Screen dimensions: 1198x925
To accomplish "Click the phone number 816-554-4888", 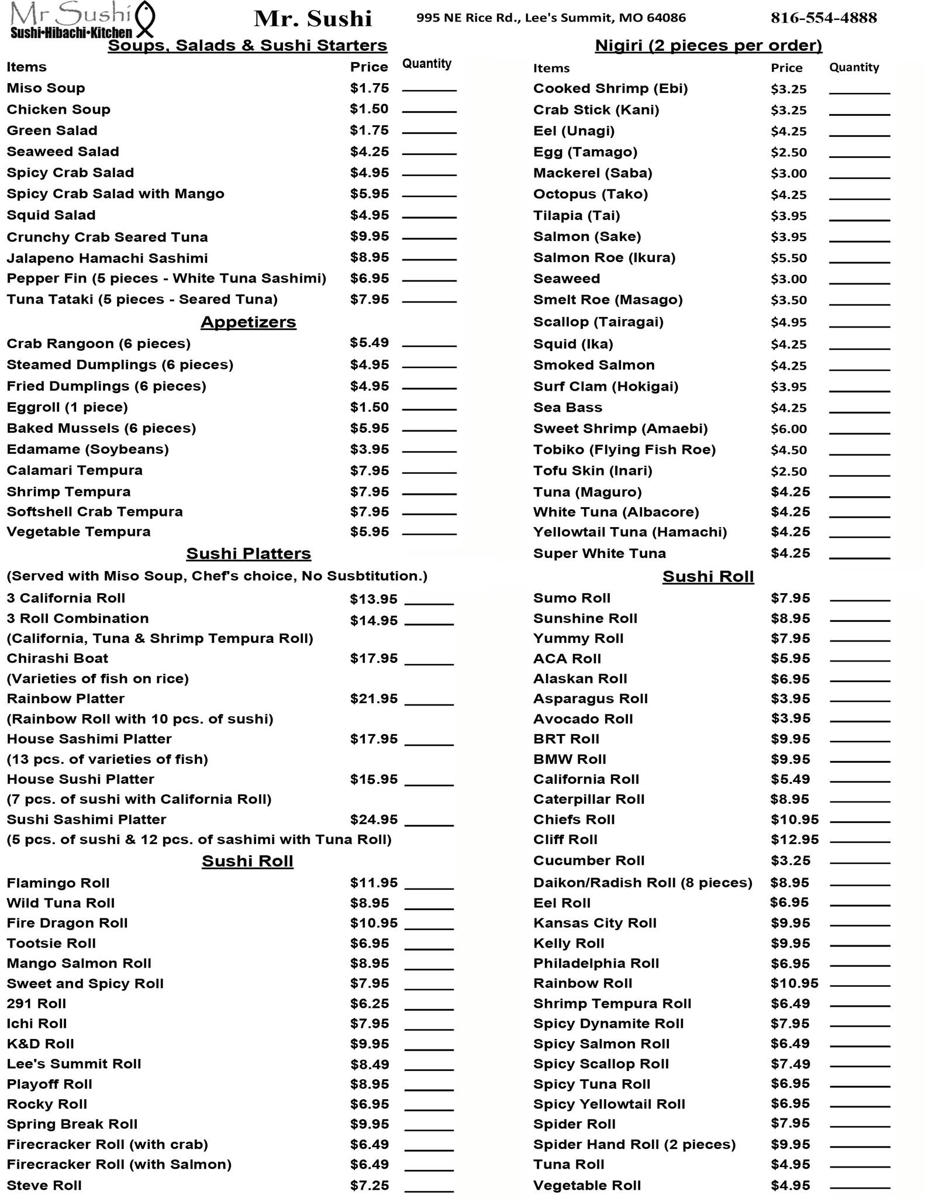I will coord(823,18).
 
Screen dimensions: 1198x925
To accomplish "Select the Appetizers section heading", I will coord(248,322).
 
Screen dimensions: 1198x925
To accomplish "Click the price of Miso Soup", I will coord(369,88).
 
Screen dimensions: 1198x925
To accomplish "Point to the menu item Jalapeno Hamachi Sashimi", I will coord(107,258).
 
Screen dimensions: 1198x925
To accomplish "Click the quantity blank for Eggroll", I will coord(429,408).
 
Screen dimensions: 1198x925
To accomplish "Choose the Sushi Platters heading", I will coord(248,553).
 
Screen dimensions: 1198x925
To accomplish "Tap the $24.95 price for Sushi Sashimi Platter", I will coord(374,820).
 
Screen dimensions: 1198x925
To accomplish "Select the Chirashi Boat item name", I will coord(57,658).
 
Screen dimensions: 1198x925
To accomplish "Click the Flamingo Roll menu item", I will coord(58,883).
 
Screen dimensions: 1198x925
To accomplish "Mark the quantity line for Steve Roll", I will coord(429,1186).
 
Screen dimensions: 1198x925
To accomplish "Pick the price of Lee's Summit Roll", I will coord(369,1064).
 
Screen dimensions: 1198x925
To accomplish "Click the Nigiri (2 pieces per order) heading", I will coord(708,45).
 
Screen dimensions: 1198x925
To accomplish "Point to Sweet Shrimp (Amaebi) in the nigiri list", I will coord(620,429).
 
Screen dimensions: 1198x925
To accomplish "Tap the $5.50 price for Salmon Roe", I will coord(788,258).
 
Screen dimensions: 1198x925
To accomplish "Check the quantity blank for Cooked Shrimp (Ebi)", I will coord(859,90).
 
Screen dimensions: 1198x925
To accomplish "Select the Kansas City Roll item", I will coord(595,923).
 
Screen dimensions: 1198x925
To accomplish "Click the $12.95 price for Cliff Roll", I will coord(794,839).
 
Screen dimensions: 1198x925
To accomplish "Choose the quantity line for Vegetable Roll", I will coord(860,1186).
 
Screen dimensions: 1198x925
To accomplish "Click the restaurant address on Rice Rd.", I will coord(551,18).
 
